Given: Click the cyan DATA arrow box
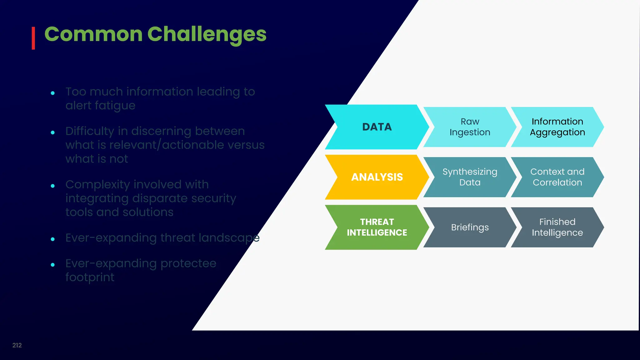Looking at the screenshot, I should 377,127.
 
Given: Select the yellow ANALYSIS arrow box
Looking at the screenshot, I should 377,177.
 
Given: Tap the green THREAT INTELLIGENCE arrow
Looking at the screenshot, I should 377,227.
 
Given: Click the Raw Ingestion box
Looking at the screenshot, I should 470,127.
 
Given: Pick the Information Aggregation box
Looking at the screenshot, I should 557,127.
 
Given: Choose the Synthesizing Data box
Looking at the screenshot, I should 470,177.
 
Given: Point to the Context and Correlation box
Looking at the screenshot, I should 557,177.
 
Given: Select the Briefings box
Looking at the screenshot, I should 470,227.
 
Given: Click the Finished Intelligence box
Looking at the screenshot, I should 557,227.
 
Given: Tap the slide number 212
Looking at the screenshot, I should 17,345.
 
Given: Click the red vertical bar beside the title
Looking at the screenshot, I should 33,38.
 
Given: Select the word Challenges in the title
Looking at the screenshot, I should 207,34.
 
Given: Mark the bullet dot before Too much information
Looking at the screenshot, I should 53,93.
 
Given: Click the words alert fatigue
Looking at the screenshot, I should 100,106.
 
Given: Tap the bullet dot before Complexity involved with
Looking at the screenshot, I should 53,186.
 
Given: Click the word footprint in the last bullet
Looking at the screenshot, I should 90,277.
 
